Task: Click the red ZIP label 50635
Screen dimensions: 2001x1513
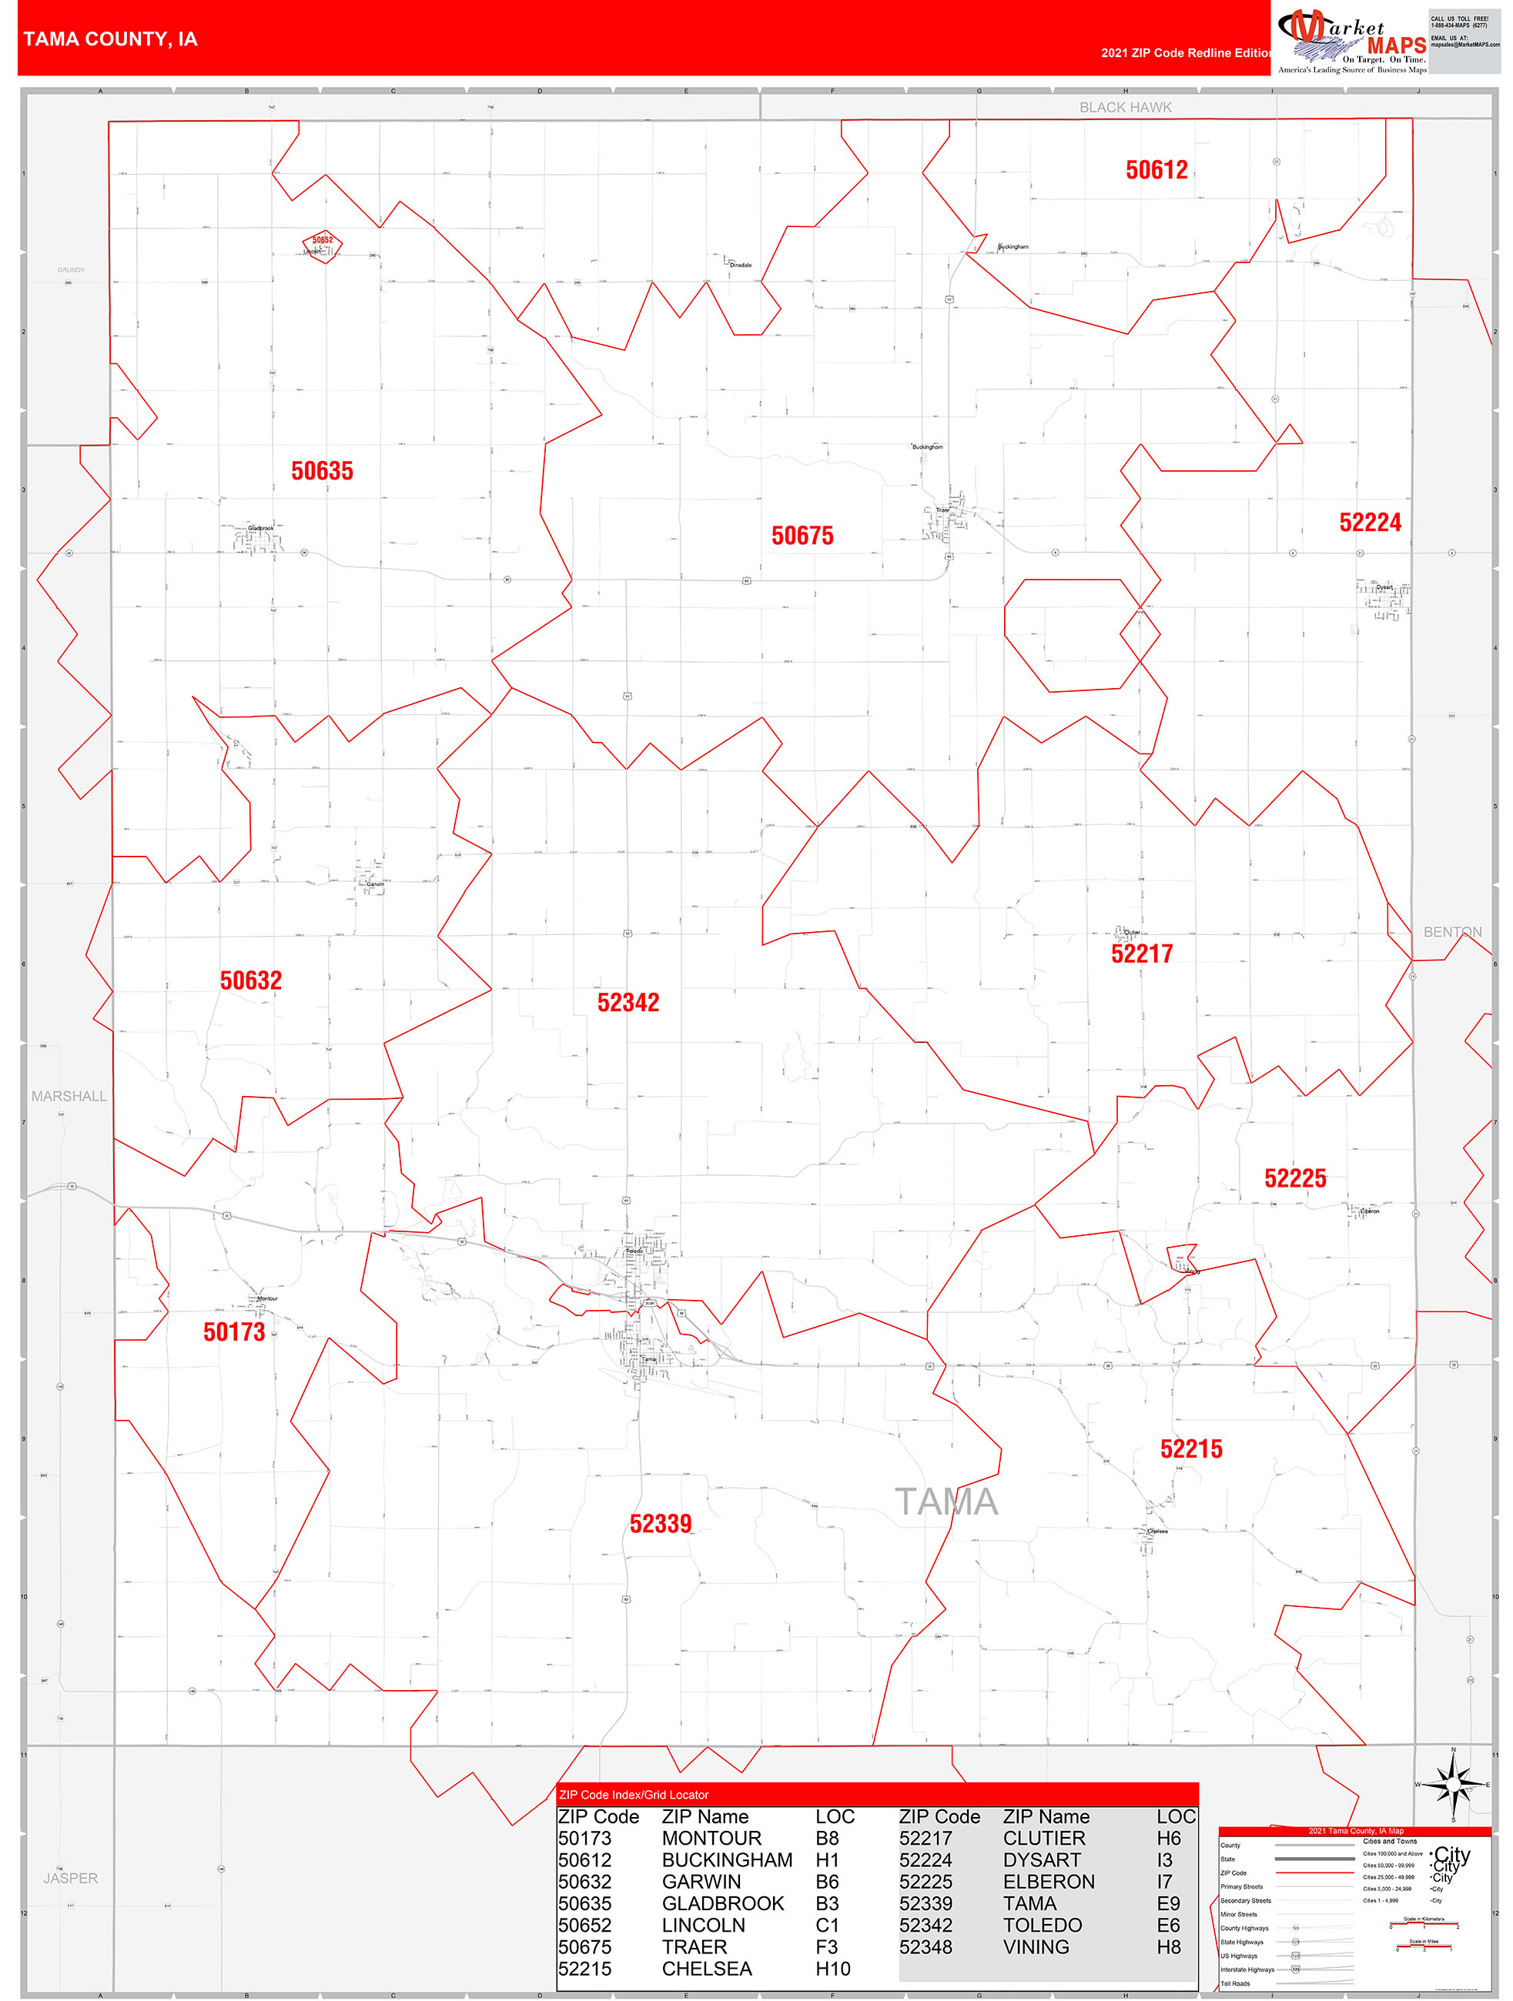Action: coord(322,471)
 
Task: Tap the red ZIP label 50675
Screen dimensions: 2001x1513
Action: coord(802,536)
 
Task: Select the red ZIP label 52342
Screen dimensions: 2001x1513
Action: coord(628,1002)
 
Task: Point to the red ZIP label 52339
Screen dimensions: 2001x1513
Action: coord(661,1525)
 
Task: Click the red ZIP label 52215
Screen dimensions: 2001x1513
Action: coord(1191,1449)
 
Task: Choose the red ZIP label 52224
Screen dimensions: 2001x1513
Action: coord(1370,523)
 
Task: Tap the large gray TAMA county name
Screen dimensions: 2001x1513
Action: coord(946,1502)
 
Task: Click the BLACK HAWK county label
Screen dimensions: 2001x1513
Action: coord(1125,108)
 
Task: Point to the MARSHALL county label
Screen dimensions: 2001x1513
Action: coord(69,1097)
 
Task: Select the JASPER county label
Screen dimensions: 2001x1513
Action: coord(71,1878)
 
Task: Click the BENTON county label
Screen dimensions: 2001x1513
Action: coord(1452,932)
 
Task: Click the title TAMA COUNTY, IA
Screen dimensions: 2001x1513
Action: coord(110,40)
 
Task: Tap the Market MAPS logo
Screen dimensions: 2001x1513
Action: coord(1352,41)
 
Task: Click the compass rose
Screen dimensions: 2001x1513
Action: coord(1453,1785)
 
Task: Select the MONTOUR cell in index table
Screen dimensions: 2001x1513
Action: coord(711,1838)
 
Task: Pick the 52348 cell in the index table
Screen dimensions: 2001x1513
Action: coord(925,1946)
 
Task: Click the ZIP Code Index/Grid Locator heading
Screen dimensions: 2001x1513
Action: coord(634,1795)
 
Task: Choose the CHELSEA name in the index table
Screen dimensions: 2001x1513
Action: coord(707,1969)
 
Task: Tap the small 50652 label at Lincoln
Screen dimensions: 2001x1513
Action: coord(322,241)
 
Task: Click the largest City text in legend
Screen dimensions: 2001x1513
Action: coord(1452,1855)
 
